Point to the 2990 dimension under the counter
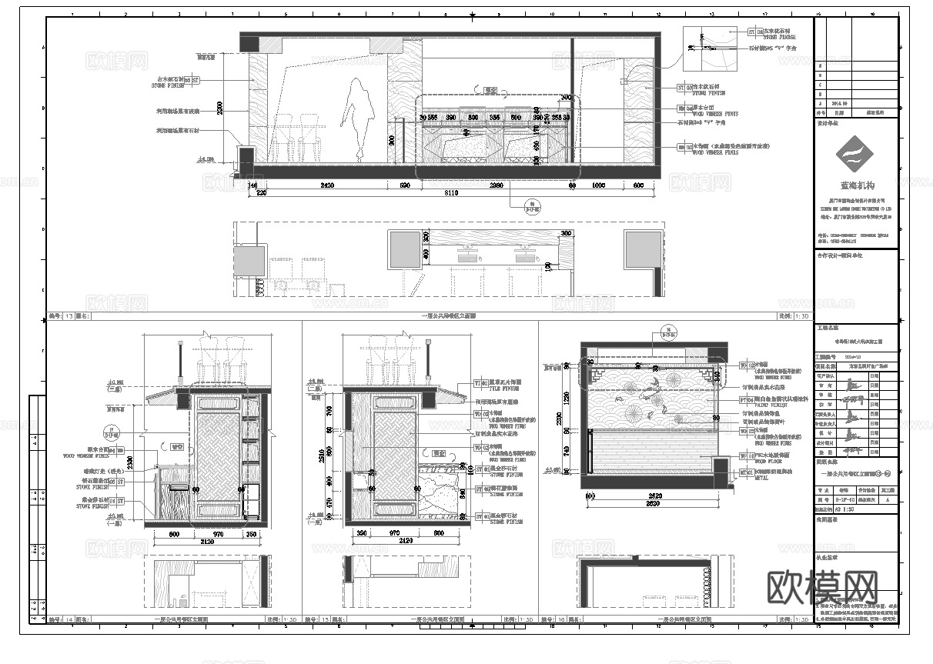(497, 185)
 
